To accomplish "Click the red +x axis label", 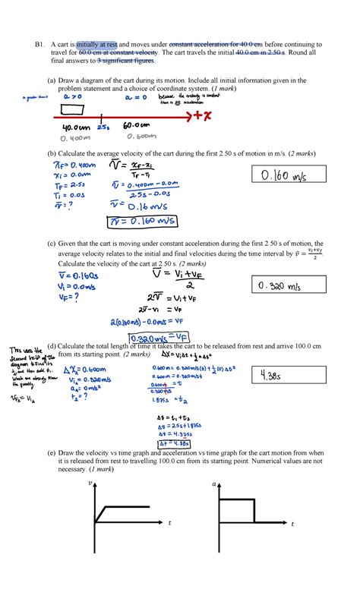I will click(201, 115).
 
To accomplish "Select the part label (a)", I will click(51, 80).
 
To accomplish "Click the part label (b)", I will click(51, 154).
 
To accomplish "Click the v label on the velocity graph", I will click(90, 483).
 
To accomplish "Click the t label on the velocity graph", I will click(169, 523).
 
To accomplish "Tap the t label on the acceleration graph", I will click(292, 523).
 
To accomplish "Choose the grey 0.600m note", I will click(141, 137).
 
